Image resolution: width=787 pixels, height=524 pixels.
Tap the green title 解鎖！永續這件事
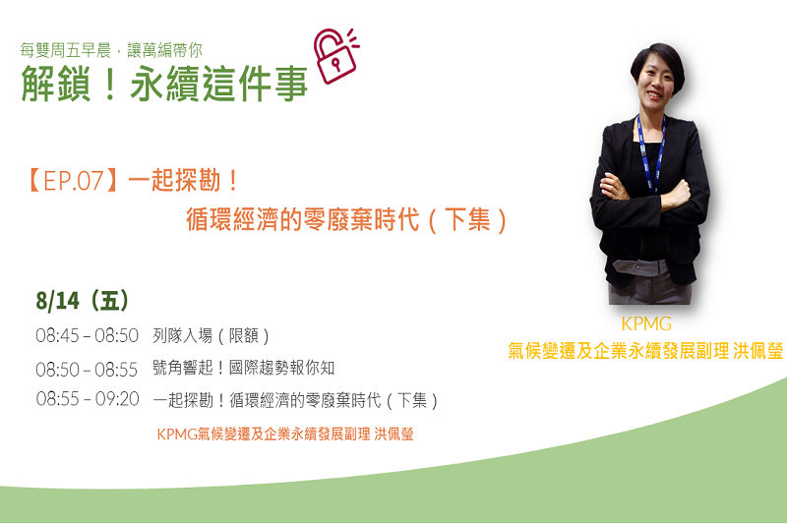tap(164, 84)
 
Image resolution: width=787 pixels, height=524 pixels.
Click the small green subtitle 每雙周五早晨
tap(65, 50)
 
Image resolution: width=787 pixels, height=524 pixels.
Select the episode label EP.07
tap(73, 181)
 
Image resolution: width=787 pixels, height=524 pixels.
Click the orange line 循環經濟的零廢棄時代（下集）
tap(347, 219)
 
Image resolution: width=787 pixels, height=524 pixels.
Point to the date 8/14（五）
tap(83, 301)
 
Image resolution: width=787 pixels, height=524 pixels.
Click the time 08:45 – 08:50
tap(87, 335)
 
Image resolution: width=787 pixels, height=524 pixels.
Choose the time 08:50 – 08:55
tap(87, 370)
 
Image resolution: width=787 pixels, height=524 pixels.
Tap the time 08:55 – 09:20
tap(88, 399)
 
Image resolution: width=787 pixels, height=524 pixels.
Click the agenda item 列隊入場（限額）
tap(211, 335)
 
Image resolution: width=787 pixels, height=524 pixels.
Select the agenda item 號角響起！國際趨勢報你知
tap(243, 368)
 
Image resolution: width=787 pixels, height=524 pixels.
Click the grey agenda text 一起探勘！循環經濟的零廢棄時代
tap(267, 400)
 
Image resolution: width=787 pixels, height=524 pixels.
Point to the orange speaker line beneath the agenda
tap(285, 434)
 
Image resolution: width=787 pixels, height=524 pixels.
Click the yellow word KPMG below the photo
tap(646, 323)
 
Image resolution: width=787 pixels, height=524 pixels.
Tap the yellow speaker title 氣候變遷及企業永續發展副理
tap(619, 351)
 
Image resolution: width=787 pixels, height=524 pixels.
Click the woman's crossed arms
tap(647, 193)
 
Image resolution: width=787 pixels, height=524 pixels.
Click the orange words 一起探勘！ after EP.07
tap(183, 181)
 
